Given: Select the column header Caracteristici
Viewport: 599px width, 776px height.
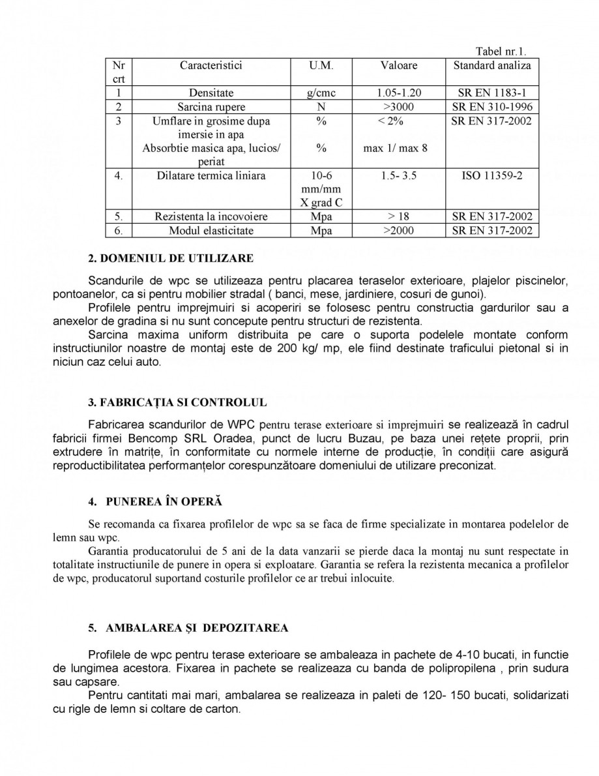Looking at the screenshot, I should [211, 65].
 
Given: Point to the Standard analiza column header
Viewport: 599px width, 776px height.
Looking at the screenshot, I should [492, 65].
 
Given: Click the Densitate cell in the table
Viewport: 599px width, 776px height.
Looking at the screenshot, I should [211, 93].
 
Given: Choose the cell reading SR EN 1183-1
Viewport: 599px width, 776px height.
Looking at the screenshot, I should [492, 93].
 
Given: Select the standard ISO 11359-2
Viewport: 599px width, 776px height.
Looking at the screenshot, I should [492, 176].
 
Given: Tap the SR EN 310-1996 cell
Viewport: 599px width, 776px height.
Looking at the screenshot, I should [492, 107].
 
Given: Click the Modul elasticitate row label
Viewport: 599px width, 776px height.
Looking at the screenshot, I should [211, 231].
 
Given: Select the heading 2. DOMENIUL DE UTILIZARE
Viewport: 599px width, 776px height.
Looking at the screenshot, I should [170, 259].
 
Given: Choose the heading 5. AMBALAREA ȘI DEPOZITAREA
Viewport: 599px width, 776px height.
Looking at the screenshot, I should [187, 628].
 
